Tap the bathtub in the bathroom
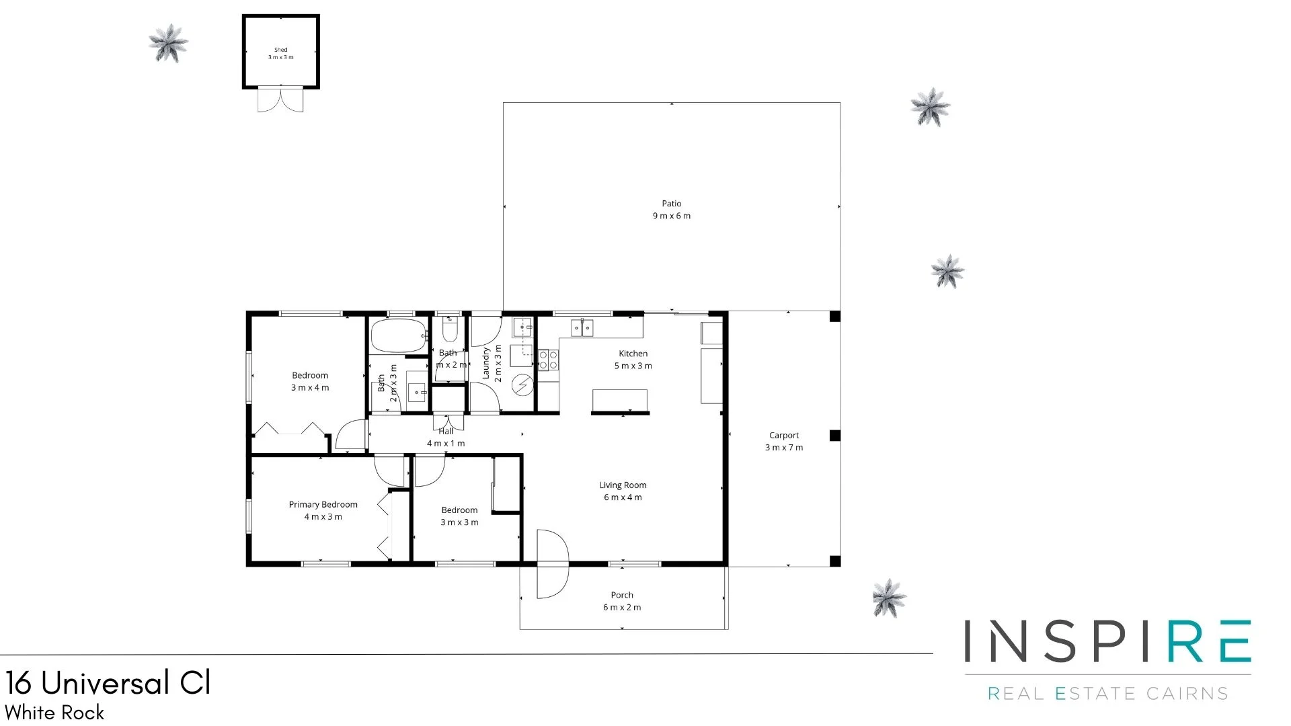coord(398,336)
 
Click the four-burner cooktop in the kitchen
coord(548,360)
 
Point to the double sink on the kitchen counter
coord(582,328)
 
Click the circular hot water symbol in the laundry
coord(522,385)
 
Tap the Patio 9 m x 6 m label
coord(671,210)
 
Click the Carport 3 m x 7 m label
coord(783,442)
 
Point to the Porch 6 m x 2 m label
coord(621,601)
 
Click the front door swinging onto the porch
coord(551,563)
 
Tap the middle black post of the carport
coord(834,436)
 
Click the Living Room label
coord(623,491)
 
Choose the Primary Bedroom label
coord(323,510)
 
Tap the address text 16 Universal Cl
coord(108,684)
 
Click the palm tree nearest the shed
coord(168,43)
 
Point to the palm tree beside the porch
coord(889,597)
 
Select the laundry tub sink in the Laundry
coord(522,328)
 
